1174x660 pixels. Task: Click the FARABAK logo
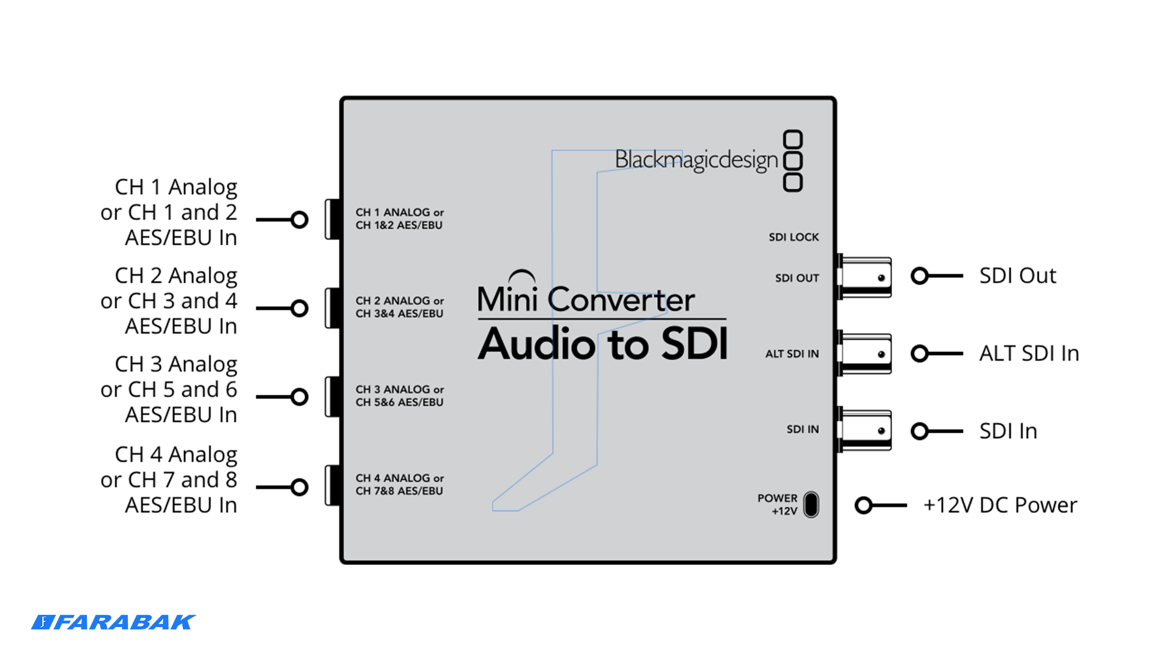click(x=113, y=622)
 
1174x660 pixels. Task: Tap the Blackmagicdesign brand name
click(x=696, y=160)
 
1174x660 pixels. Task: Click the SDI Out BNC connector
click(x=865, y=277)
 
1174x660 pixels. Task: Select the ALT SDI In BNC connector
click(x=865, y=354)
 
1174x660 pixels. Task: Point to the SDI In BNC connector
click(x=865, y=430)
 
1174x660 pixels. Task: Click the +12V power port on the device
click(x=811, y=505)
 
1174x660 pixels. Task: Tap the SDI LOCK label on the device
click(x=794, y=237)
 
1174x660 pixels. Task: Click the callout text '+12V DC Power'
click(x=1000, y=505)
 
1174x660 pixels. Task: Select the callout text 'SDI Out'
click(x=1017, y=276)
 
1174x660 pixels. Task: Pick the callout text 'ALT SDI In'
click(x=1029, y=353)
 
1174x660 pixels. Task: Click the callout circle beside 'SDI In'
click(x=919, y=431)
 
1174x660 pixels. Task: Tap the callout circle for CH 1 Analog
click(x=300, y=219)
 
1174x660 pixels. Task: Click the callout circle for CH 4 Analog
click(x=300, y=487)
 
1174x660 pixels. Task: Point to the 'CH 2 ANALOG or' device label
click(x=400, y=301)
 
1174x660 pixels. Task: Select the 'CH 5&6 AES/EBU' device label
click(x=399, y=402)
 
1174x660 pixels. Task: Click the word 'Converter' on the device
click(x=621, y=300)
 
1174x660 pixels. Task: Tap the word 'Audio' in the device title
click(x=536, y=345)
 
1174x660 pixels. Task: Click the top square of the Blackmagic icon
click(x=793, y=139)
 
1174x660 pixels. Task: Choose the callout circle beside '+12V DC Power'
click(x=863, y=505)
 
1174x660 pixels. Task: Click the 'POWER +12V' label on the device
click(x=778, y=505)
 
